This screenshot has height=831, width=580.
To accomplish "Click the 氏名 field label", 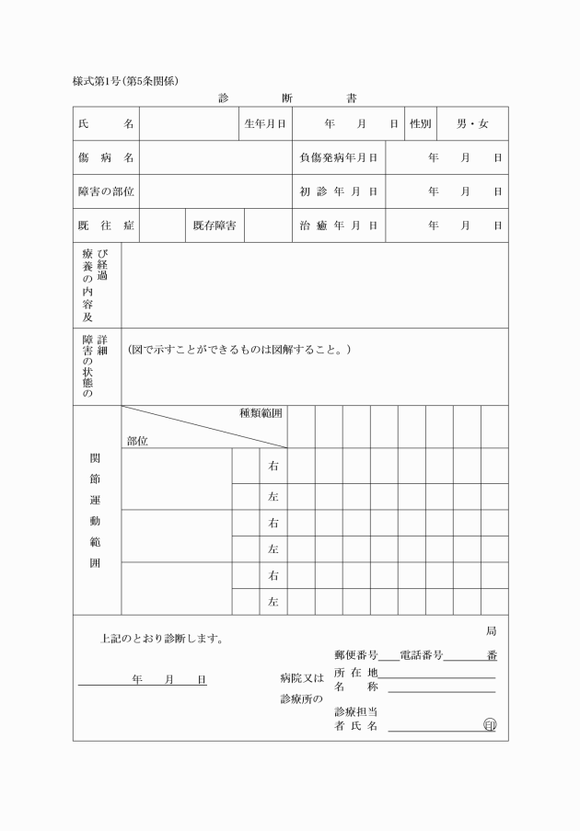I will (x=106, y=123).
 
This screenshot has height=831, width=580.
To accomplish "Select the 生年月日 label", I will (x=265, y=123).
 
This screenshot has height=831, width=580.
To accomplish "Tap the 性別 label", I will (x=420, y=123).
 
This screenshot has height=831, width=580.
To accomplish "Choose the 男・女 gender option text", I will (x=473, y=123).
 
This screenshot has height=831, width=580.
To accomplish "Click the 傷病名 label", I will (x=106, y=157).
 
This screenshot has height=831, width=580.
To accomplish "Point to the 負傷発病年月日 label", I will (x=339, y=157).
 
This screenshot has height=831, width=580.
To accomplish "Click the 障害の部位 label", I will (x=106, y=191).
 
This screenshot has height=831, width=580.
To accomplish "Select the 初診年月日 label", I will (x=339, y=191).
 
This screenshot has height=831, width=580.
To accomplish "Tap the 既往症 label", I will (x=106, y=225).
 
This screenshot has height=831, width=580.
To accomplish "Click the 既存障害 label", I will (x=217, y=225).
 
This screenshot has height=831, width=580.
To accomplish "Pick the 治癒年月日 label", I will (x=339, y=225).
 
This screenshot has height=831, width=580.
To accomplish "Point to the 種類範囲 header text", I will (x=261, y=414).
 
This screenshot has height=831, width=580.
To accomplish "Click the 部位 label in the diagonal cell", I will (x=137, y=441).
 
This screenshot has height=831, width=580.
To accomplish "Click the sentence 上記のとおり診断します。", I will (x=162, y=638).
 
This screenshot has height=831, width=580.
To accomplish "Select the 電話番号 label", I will (x=422, y=655).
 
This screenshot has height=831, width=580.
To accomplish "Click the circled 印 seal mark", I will (x=490, y=726).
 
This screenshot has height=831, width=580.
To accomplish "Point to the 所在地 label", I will (x=356, y=673).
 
